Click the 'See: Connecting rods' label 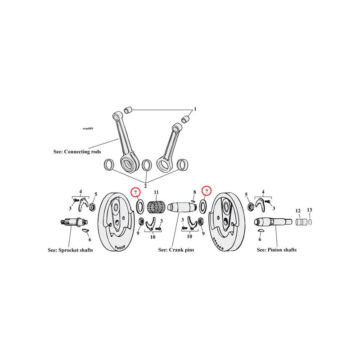point(77,152)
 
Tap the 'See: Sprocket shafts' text point(70,250)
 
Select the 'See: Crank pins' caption point(176,250)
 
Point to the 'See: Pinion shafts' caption point(277,250)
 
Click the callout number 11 point(156,192)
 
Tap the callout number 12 point(298,211)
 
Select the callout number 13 point(310,210)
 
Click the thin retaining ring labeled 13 point(310,222)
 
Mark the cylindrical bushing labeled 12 point(301,222)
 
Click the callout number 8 point(194,192)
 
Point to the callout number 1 point(195,109)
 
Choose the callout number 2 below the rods point(145,186)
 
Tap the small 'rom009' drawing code point(88,128)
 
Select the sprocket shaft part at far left point(74,222)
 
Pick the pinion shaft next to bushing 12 point(273,222)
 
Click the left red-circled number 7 point(135,192)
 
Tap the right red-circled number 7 point(207,190)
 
